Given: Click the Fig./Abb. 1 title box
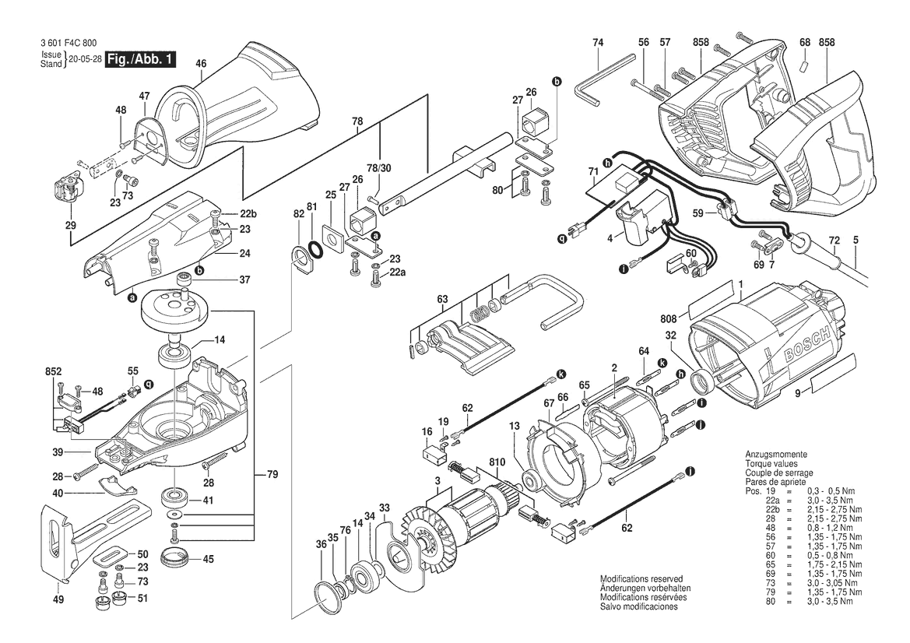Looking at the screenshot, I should pyautogui.click(x=141, y=59).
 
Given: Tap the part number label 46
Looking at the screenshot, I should pyautogui.click(x=201, y=63).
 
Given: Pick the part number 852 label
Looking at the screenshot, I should pyautogui.click(x=52, y=372).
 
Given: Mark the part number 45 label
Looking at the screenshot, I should pyautogui.click(x=208, y=558).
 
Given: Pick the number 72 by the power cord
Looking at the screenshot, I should pyautogui.click(x=834, y=241).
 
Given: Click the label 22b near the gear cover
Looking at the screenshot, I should pyautogui.click(x=248, y=214).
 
